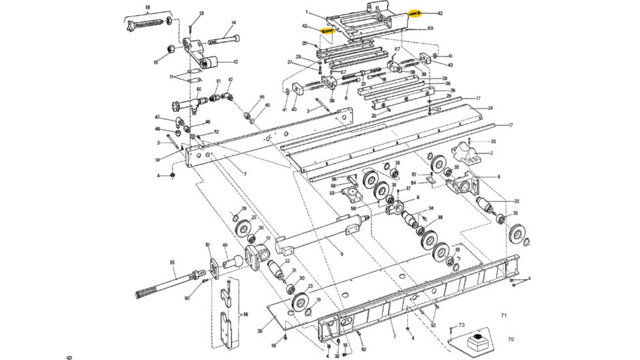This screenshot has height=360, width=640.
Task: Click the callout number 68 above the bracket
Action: (x=147, y=7)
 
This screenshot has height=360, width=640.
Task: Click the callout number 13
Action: (x=201, y=14)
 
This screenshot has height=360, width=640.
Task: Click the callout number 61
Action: (x=218, y=82)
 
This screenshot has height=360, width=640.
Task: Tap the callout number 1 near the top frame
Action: (x=307, y=12)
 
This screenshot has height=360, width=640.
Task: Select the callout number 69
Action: (x=431, y=29)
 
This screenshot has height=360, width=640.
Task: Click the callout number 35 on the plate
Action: (x=260, y=331)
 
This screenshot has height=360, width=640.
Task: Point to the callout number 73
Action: (x=461, y=326)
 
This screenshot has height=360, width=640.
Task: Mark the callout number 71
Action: (x=504, y=315)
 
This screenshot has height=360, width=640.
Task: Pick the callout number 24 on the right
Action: (x=490, y=108)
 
